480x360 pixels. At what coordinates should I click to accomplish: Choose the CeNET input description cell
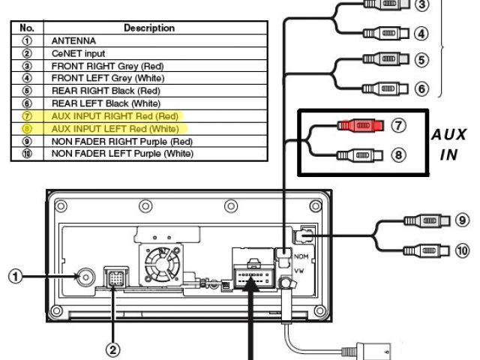coord(78,52)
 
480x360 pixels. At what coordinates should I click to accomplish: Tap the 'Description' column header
coord(148,28)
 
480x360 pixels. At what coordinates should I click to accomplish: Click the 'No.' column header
coord(26,28)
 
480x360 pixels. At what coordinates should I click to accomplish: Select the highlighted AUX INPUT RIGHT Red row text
coord(115,116)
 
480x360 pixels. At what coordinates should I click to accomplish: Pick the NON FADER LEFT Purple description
coord(122,154)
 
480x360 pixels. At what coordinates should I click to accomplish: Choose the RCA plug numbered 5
coord(385,58)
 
